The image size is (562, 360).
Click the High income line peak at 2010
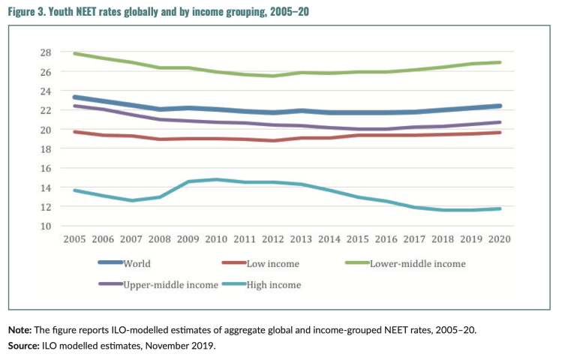[x=216, y=179]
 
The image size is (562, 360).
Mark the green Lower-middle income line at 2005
[x=75, y=53]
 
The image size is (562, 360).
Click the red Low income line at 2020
[x=498, y=132]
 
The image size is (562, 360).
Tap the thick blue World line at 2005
[x=75, y=97]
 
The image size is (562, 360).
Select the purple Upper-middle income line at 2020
[x=498, y=122]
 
